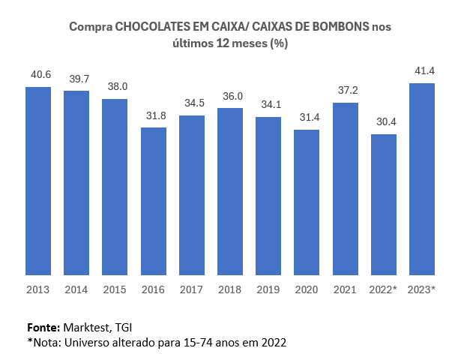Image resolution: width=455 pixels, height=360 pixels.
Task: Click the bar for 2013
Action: (x=38, y=181)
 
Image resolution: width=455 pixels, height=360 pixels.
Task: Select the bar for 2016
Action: (x=154, y=201)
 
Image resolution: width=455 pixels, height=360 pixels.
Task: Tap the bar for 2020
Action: (x=307, y=202)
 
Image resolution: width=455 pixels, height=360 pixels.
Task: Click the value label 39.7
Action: (x=76, y=79)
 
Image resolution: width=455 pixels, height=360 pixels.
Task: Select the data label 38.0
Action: (x=115, y=86)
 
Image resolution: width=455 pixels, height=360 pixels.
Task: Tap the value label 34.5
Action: (x=192, y=103)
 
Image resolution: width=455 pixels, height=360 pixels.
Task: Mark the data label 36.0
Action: (x=230, y=96)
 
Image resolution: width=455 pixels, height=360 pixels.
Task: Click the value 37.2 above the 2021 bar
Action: (x=345, y=90)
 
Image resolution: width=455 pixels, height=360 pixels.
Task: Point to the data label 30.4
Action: (x=383, y=122)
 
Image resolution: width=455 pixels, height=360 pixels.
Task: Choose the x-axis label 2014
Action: (x=76, y=289)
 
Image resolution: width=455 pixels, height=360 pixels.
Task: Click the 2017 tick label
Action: (x=192, y=289)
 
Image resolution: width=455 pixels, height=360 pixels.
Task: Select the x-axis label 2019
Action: (x=268, y=289)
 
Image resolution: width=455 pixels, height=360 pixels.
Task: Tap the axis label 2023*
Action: (x=421, y=289)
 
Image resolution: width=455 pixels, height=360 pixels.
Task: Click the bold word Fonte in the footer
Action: (x=43, y=328)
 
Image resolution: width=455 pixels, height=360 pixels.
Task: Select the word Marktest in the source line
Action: (x=89, y=328)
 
